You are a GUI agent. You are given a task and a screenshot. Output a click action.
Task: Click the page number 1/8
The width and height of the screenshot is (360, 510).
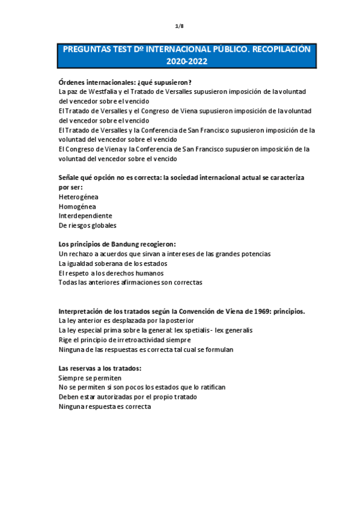[x=179, y=26]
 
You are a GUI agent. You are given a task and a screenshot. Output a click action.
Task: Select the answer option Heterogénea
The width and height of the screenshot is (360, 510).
[x=78, y=197]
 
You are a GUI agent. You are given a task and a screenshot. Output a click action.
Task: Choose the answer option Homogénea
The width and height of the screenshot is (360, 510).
[x=78, y=206]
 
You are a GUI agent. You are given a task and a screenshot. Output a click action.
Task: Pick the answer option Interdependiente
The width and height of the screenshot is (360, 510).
[x=85, y=216]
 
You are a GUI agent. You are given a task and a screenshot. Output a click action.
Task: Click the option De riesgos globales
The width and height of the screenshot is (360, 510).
[x=88, y=226]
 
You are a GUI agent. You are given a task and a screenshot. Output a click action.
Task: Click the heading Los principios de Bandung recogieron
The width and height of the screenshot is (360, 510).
[x=117, y=244]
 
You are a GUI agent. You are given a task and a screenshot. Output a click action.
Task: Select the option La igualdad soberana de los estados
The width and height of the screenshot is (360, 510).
[x=113, y=263]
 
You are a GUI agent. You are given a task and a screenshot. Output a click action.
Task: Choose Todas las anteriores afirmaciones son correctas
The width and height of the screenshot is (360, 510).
[x=130, y=283]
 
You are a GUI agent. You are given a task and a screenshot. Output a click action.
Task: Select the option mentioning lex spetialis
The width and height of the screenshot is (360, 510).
[x=155, y=330]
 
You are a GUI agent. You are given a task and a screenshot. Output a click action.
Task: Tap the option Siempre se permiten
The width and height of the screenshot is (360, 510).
[x=86, y=378]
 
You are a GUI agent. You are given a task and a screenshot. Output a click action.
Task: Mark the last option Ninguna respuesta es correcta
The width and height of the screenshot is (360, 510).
[x=105, y=407]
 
